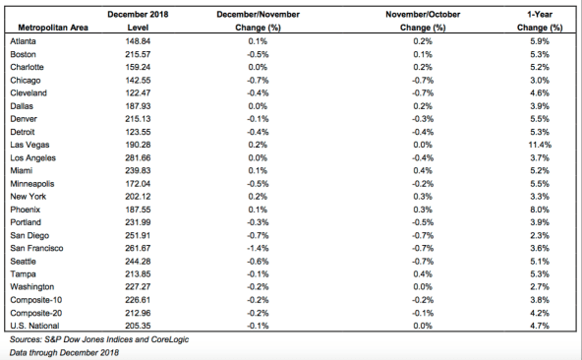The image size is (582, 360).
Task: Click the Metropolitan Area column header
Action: coord(53,28)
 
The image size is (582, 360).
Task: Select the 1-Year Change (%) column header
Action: coord(540,21)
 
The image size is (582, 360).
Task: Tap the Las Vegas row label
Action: coord(29,145)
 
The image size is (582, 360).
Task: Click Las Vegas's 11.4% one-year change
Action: coord(540,145)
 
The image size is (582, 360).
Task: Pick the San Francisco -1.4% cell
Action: coord(258,248)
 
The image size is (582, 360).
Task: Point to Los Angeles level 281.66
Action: coord(138,158)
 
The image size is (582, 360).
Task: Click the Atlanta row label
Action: coord(23,41)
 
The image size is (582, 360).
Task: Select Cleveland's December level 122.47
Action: coord(138,92)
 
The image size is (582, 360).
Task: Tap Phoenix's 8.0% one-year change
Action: coord(540,210)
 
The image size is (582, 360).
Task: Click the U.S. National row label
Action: coord(34,326)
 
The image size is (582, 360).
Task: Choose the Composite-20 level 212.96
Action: coord(138,313)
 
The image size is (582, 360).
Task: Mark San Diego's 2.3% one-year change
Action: coord(540,235)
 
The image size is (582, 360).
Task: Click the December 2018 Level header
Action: coord(138,21)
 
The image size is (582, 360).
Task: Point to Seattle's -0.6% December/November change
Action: coord(258,262)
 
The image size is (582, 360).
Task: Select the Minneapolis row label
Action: coord(32,184)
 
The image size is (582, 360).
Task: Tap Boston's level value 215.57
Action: coord(138,54)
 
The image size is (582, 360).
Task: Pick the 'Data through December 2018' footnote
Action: coord(64,352)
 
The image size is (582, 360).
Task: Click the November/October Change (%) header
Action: coord(423,21)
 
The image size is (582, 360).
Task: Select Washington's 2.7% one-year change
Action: coord(540,287)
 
